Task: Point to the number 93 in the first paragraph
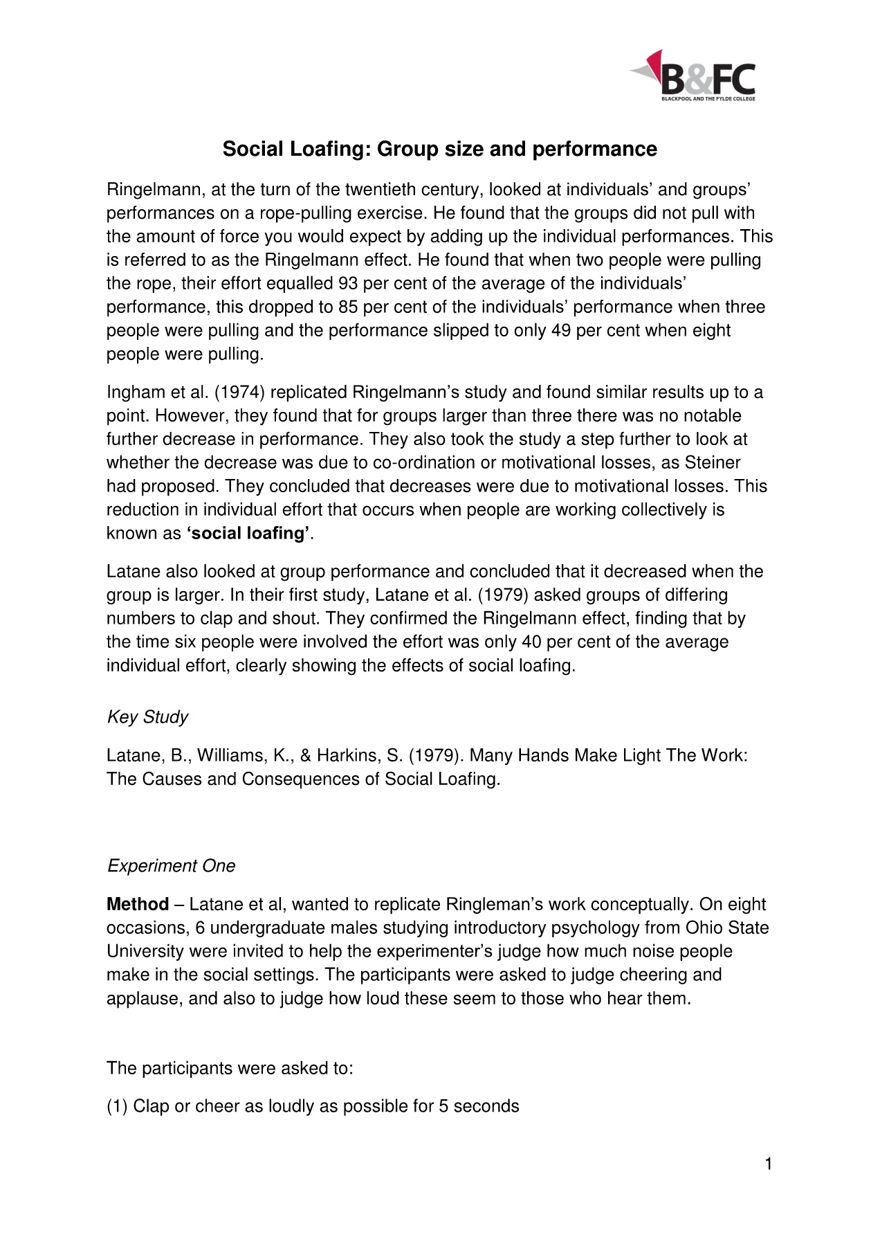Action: (x=348, y=283)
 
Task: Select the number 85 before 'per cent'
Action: (x=348, y=307)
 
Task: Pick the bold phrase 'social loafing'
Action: (x=248, y=534)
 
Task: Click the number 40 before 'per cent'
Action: (x=531, y=642)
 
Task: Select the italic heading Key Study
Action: (x=147, y=717)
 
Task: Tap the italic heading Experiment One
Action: (x=171, y=866)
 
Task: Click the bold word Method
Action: (x=138, y=905)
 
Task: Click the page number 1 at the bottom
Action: (x=768, y=1164)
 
